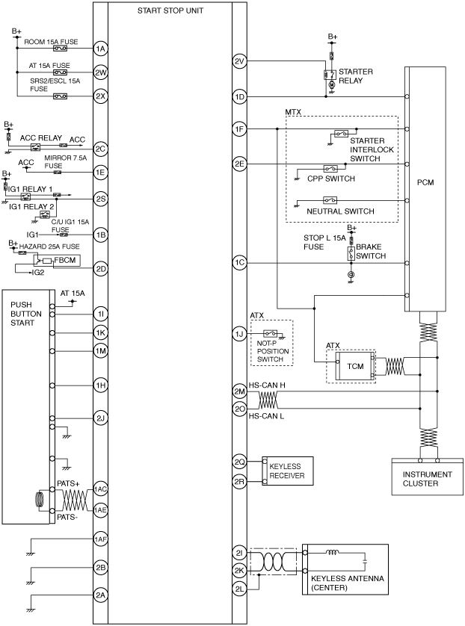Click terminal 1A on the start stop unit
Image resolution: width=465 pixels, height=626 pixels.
point(100,49)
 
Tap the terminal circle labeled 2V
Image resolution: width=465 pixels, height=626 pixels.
point(239,61)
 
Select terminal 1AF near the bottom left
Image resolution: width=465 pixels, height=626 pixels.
point(100,539)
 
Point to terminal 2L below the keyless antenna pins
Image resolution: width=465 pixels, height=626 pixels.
point(239,589)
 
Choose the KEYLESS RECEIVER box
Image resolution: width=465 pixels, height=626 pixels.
point(288,471)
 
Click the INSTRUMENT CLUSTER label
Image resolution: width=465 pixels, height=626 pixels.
point(427,479)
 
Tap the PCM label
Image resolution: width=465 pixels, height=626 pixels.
point(425,182)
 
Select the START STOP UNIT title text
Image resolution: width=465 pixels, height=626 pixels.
point(170,10)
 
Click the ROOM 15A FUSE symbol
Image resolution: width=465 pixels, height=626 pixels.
point(61,49)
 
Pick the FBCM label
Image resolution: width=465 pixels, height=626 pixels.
point(65,260)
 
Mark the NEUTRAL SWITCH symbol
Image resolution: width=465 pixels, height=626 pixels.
point(330,200)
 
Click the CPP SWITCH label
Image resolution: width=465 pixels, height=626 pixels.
point(330,179)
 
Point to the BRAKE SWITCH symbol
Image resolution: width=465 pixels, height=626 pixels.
point(351,253)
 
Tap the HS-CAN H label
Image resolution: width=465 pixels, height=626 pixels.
point(267,385)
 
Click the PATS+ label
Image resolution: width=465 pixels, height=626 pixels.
point(68,483)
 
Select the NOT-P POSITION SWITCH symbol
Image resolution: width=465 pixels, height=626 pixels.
point(271,333)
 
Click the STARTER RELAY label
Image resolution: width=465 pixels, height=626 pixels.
point(356,76)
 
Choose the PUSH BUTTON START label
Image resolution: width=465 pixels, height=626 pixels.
point(26,314)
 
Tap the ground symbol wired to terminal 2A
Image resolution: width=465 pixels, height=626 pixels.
point(31,610)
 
